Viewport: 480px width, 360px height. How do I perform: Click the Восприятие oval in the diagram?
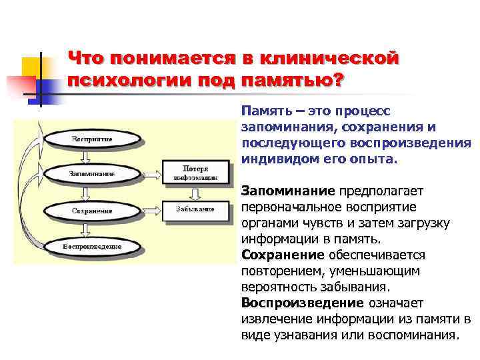point(92,138)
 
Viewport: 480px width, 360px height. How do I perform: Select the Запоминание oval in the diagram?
point(92,174)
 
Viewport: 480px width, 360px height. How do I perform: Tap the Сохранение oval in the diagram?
point(92,211)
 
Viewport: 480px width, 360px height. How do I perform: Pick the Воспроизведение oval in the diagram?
point(92,247)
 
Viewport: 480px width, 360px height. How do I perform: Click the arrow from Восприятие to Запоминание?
point(85,156)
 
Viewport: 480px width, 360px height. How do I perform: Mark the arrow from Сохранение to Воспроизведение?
point(85,229)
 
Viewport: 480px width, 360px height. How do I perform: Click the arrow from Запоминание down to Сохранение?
point(85,193)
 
